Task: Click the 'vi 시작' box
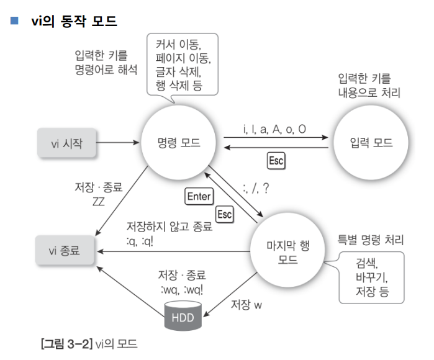coord(68,143)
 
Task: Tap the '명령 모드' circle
coord(179,143)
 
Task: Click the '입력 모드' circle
coord(371,143)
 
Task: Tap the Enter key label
coord(199,197)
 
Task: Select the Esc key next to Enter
coord(224,214)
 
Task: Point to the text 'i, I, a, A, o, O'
coord(274,129)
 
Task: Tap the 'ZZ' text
coord(98,201)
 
